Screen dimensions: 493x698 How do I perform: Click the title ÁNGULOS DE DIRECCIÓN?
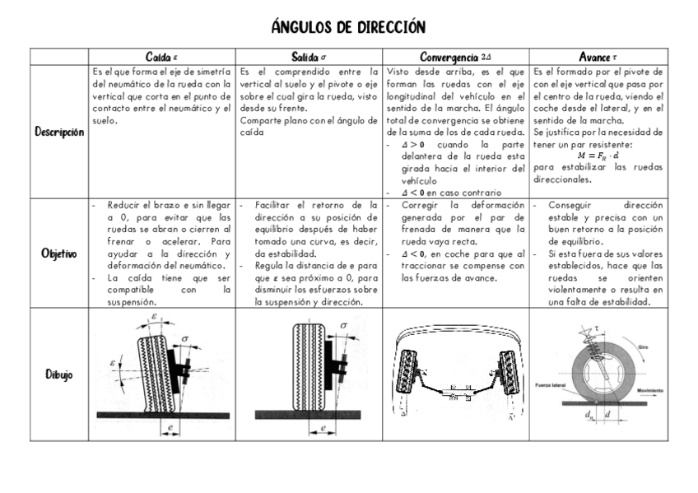pyautogui.click(x=349, y=27)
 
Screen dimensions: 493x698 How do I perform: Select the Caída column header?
pyautogui.click(x=161, y=57)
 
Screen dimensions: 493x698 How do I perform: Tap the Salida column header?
pyautogui.click(x=309, y=57)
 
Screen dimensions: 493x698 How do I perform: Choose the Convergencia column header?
pyautogui.click(x=455, y=57)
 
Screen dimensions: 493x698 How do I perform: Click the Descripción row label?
pyautogui.click(x=59, y=132)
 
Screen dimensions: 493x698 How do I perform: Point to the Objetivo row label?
pyautogui.click(x=59, y=253)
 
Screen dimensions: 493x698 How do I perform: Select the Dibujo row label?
pyautogui.click(x=59, y=374)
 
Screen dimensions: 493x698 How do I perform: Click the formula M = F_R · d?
pyautogui.click(x=598, y=153)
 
